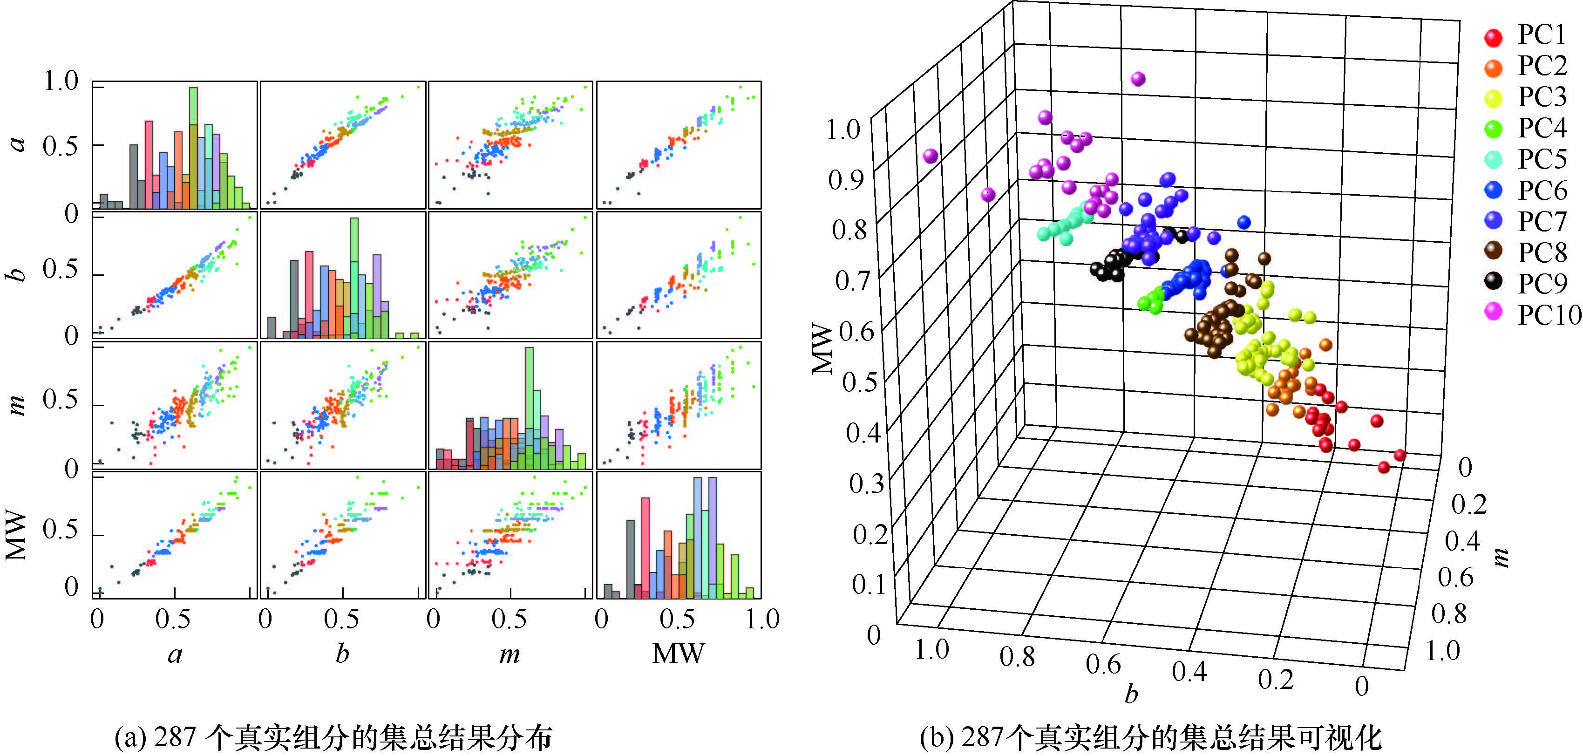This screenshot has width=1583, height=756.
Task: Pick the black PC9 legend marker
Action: (1493, 281)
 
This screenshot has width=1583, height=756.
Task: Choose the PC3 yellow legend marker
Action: (1493, 98)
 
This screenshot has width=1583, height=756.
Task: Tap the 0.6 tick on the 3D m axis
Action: (1456, 577)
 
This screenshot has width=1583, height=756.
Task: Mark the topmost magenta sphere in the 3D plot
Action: (1138, 79)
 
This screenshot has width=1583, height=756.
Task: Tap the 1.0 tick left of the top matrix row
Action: (61, 82)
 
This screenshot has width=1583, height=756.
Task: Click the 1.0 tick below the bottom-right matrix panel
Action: (762, 620)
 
